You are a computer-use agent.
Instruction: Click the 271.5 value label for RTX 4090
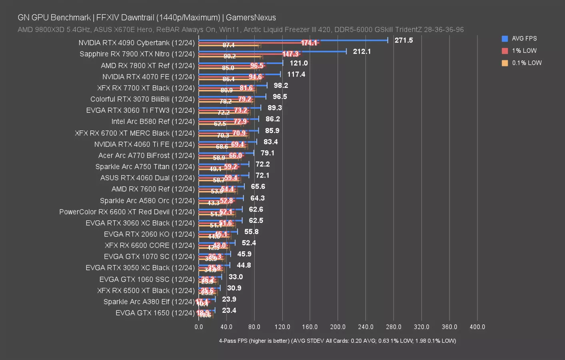tap(403, 40)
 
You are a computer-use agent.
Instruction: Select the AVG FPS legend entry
tap(524, 39)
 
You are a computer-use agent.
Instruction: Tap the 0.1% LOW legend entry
tap(526, 63)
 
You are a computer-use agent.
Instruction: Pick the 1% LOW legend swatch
tap(505, 51)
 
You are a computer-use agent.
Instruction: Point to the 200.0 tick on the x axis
tap(338, 327)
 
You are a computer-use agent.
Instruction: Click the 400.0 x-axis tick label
tap(477, 327)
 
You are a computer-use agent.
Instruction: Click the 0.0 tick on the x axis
tap(199, 327)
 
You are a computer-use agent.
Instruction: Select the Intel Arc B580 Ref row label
tap(153, 122)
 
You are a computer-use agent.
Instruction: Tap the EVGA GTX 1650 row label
tap(155, 313)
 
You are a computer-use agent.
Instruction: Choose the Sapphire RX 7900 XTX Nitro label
tap(137, 54)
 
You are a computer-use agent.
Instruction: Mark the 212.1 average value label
tap(361, 52)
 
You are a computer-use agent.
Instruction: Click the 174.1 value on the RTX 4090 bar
tap(309, 43)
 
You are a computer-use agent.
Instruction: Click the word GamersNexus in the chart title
tap(251, 18)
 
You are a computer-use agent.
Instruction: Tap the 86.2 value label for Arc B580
tap(272, 119)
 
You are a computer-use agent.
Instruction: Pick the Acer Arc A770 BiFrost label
tap(146, 155)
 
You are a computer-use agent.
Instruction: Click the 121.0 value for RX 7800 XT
tap(298, 63)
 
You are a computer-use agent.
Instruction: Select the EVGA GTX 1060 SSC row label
tap(147, 279)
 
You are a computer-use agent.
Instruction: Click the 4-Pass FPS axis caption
tap(337, 341)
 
